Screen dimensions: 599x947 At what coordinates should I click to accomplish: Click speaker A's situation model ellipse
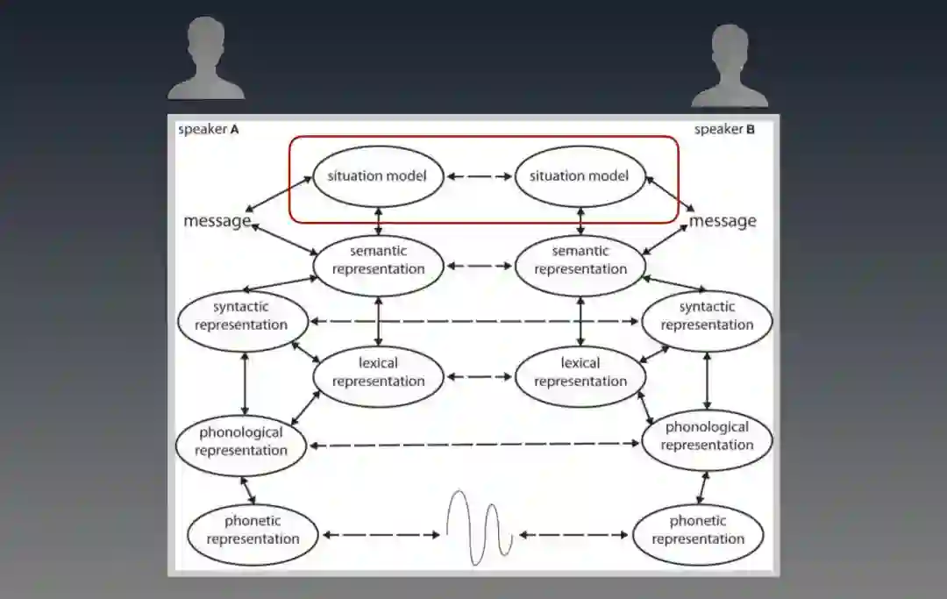pyautogui.click(x=377, y=175)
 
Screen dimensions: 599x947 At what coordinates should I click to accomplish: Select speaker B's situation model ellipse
pyautogui.click(x=579, y=175)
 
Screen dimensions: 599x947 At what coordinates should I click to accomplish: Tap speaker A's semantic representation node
pyautogui.click(x=379, y=260)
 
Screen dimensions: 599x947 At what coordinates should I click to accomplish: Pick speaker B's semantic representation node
pyautogui.click(x=580, y=260)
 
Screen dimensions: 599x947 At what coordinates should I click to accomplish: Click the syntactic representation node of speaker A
pyautogui.click(x=242, y=316)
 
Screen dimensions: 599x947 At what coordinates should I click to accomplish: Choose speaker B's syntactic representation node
pyautogui.click(x=707, y=316)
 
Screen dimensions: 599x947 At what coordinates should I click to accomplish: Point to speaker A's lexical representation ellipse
pyautogui.click(x=379, y=372)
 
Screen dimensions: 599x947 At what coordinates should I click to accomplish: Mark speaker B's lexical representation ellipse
pyautogui.click(x=580, y=372)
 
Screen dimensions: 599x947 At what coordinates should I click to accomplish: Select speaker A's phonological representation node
pyautogui.click(x=242, y=441)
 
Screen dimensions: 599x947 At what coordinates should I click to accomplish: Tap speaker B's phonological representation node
pyautogui.click(x=707, y=436)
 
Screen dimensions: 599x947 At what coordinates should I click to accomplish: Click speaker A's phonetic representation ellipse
pyautogui.click(x=253, y=530)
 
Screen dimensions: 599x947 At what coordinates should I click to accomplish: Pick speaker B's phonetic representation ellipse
pyautogui.click(x=698, y=530)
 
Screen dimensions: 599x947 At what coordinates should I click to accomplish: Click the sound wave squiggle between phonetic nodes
pyautogui.click(x=479, y=526)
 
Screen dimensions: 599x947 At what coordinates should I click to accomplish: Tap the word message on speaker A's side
pyautogui.click(x=217, y=221)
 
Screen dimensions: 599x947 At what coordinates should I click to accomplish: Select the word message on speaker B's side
pyautogui.click(x=723, y=221)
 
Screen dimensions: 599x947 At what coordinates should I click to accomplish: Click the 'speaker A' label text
pyautogui.click(x=209, y=130)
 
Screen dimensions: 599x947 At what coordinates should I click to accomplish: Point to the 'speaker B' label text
pyautogui.click(x=724, y=130)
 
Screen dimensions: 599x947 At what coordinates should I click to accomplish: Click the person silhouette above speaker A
pyautogui.click(x=206, y=60)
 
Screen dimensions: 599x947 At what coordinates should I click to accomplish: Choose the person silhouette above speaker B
pyautogui.click(x=730, y=67)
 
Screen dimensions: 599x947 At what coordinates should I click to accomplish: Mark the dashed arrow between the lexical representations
pyautogui.click(x=479, y=378)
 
